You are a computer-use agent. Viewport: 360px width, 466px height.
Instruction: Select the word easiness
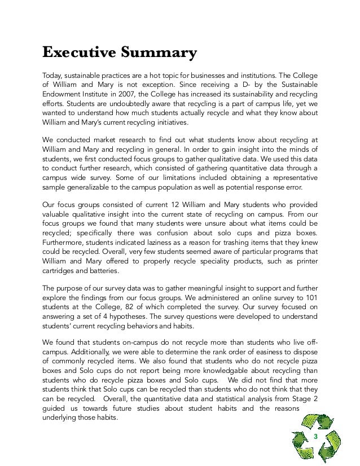pos(267,350)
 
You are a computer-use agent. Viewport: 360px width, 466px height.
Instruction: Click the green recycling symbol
pos(323,438)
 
